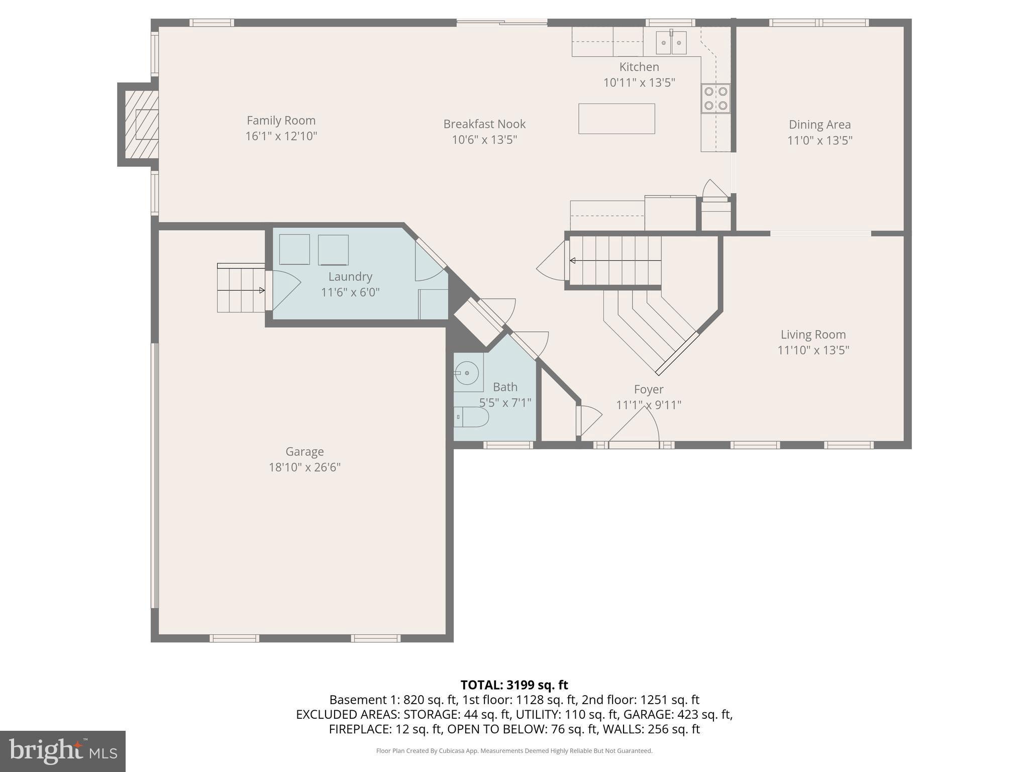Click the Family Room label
coord(281,121)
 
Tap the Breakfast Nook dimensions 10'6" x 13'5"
coord(484,140)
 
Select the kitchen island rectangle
coord(616,119)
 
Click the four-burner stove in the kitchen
coord(716,99)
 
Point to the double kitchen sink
coord(671,43)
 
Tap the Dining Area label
coord(819,125)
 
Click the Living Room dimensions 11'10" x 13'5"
coord(813,350)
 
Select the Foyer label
coord(648,390)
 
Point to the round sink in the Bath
coord(467,373)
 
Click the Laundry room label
coord(350,277)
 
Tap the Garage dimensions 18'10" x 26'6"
coord(304,467)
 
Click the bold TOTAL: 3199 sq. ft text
coord(514,685)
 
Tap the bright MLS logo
coord(62,751)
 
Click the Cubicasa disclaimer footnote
coord(514,751)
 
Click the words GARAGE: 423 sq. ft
coord(685,714)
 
